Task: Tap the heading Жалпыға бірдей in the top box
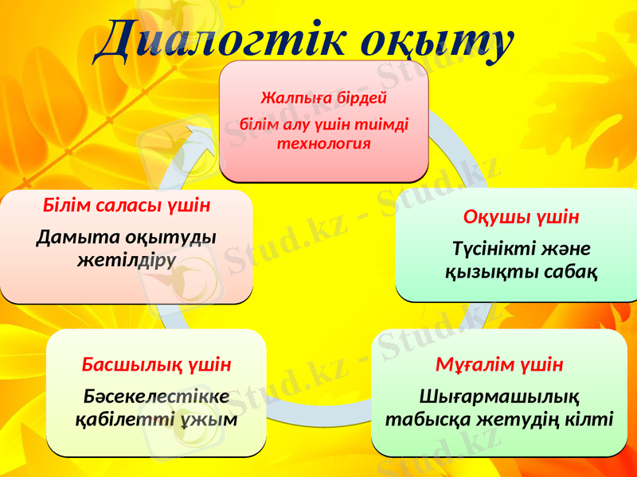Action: [x=323, y=99]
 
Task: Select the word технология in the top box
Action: [x=323, y=144]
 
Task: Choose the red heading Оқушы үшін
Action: [x=521, y=217]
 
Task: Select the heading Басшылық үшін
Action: [x=156, y=365]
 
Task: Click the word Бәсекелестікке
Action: [x=156, y=396]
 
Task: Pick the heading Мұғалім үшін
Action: [x=498, y=365]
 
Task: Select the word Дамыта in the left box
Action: [x=75, y=238]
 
